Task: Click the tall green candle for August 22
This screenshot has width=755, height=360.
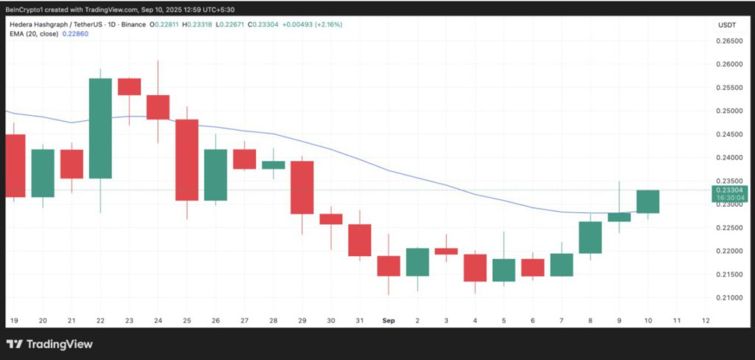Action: pyautogui.click(x=100, y=128)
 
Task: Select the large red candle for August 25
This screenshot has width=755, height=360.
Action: pyautogui.click(x=187, y=159)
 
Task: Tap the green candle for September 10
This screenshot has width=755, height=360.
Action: pyautogui.click(x=647, y=201)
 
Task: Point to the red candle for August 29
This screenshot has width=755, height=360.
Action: pyautogui.click(x=302, y=187)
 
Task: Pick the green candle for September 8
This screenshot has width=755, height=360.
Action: pyautogui.click(x=590, y=238)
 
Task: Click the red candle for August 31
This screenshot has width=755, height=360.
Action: pyautogui.click(x=359, y=240)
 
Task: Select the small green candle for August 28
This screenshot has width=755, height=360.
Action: pyautogui.click(x=274, y=165)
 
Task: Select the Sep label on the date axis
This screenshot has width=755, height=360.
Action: pyautogui.click(x=388, y=321)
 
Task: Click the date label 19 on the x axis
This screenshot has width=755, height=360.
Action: pyautogui.click(x=14, y=321)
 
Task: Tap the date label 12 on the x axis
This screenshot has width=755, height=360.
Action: pyautogui.click(x=706, y=321)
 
